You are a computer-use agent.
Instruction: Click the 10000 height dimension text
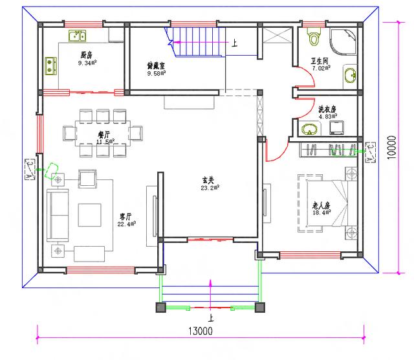(x=392, y=148)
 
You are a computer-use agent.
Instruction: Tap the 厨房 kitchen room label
(x=86, y=56)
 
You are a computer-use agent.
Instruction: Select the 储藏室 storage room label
(x=157, y=65)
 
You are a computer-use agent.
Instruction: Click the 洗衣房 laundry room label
(x=327, y=109)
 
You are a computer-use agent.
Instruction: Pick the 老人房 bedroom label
(x=321, y=205)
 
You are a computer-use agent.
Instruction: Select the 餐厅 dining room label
(x=105, y=133)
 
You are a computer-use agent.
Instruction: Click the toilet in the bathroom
(x=314, y=37)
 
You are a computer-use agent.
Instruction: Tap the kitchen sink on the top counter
(x=78, y=35)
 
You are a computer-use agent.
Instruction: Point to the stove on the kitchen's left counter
(x=49, y=64)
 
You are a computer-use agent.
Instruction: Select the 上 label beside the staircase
(x=234, y=44)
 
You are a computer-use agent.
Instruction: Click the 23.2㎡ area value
(x=211, y=187)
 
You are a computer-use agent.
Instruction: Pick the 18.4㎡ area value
(x=321, y=213)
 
